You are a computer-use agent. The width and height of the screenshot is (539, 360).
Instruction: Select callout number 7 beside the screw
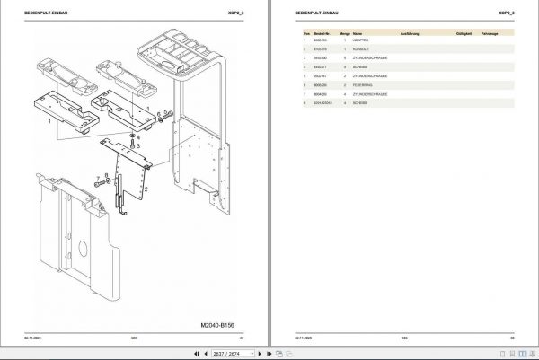click(x=96, y=178)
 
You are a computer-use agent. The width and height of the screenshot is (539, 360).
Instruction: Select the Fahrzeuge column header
click(x=490, y=33)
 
